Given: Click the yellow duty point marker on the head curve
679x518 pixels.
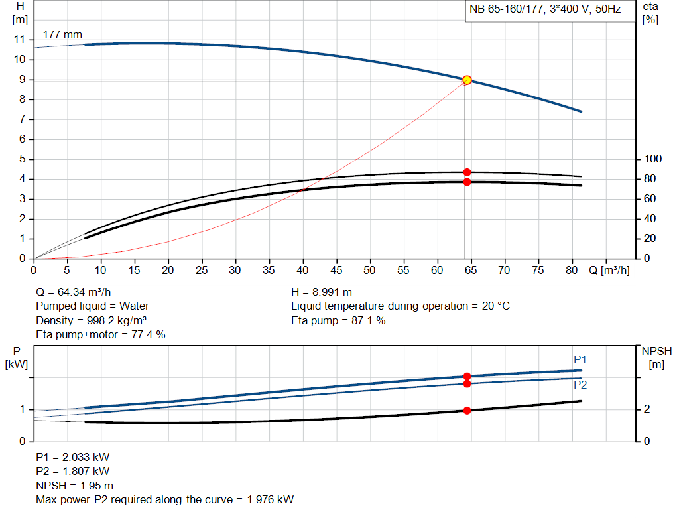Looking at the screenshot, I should pyautogui.click(x=467, y=80).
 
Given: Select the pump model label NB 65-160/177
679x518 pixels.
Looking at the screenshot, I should pyautogui.click(x=545, y=11).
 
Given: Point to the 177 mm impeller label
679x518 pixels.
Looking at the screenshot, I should pyautogui.click(x=64, y=34).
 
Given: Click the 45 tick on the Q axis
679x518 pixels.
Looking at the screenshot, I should pyautogui.click(x=337, y=270).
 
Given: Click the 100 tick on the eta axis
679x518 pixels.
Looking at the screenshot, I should pyautogui.click(x=652, y=159).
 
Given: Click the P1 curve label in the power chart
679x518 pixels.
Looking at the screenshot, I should pyautogui.click(x=580, y=359).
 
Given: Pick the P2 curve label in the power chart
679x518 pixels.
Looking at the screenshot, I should pyautogui.click(x=580, y=385).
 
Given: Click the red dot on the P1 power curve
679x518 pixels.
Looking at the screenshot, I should pyautogui.click(x=467, y=376).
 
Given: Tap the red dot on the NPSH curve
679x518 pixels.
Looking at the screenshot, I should pyautogui.click(x=467, y=411).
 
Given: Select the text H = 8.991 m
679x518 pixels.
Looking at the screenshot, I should pyautogui.click(x=322, y=292).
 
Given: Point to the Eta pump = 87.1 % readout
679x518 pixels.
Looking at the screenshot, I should pyautogui.click(x=338, y=320).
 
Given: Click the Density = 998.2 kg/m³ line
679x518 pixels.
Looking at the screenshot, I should pyautogui.click(x=91, y=320).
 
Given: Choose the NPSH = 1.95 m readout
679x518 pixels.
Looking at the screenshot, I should pyautogui.click(x=74, y=486).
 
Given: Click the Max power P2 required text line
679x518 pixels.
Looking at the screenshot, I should pyautogui.click(x=164, y=499).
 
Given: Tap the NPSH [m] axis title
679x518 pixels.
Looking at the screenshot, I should pyautogui.click(x=652, y=357).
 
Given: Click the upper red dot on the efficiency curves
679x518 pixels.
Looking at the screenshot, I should pyautogui.click(x=467, y=172).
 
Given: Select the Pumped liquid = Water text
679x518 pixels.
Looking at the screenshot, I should pyautogui.click(x=92, y=306).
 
